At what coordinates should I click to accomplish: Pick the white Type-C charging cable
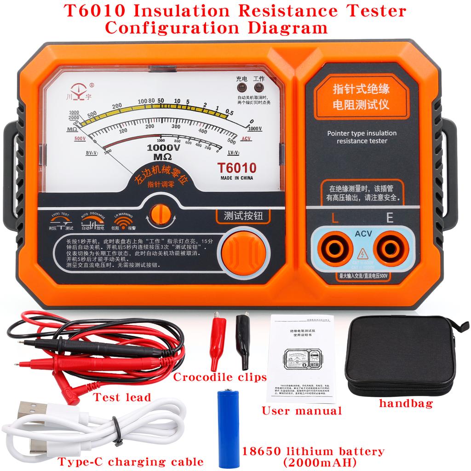(83, 428)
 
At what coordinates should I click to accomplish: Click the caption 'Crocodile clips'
(220, 378)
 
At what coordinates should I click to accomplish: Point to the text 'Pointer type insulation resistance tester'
(362, 137)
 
